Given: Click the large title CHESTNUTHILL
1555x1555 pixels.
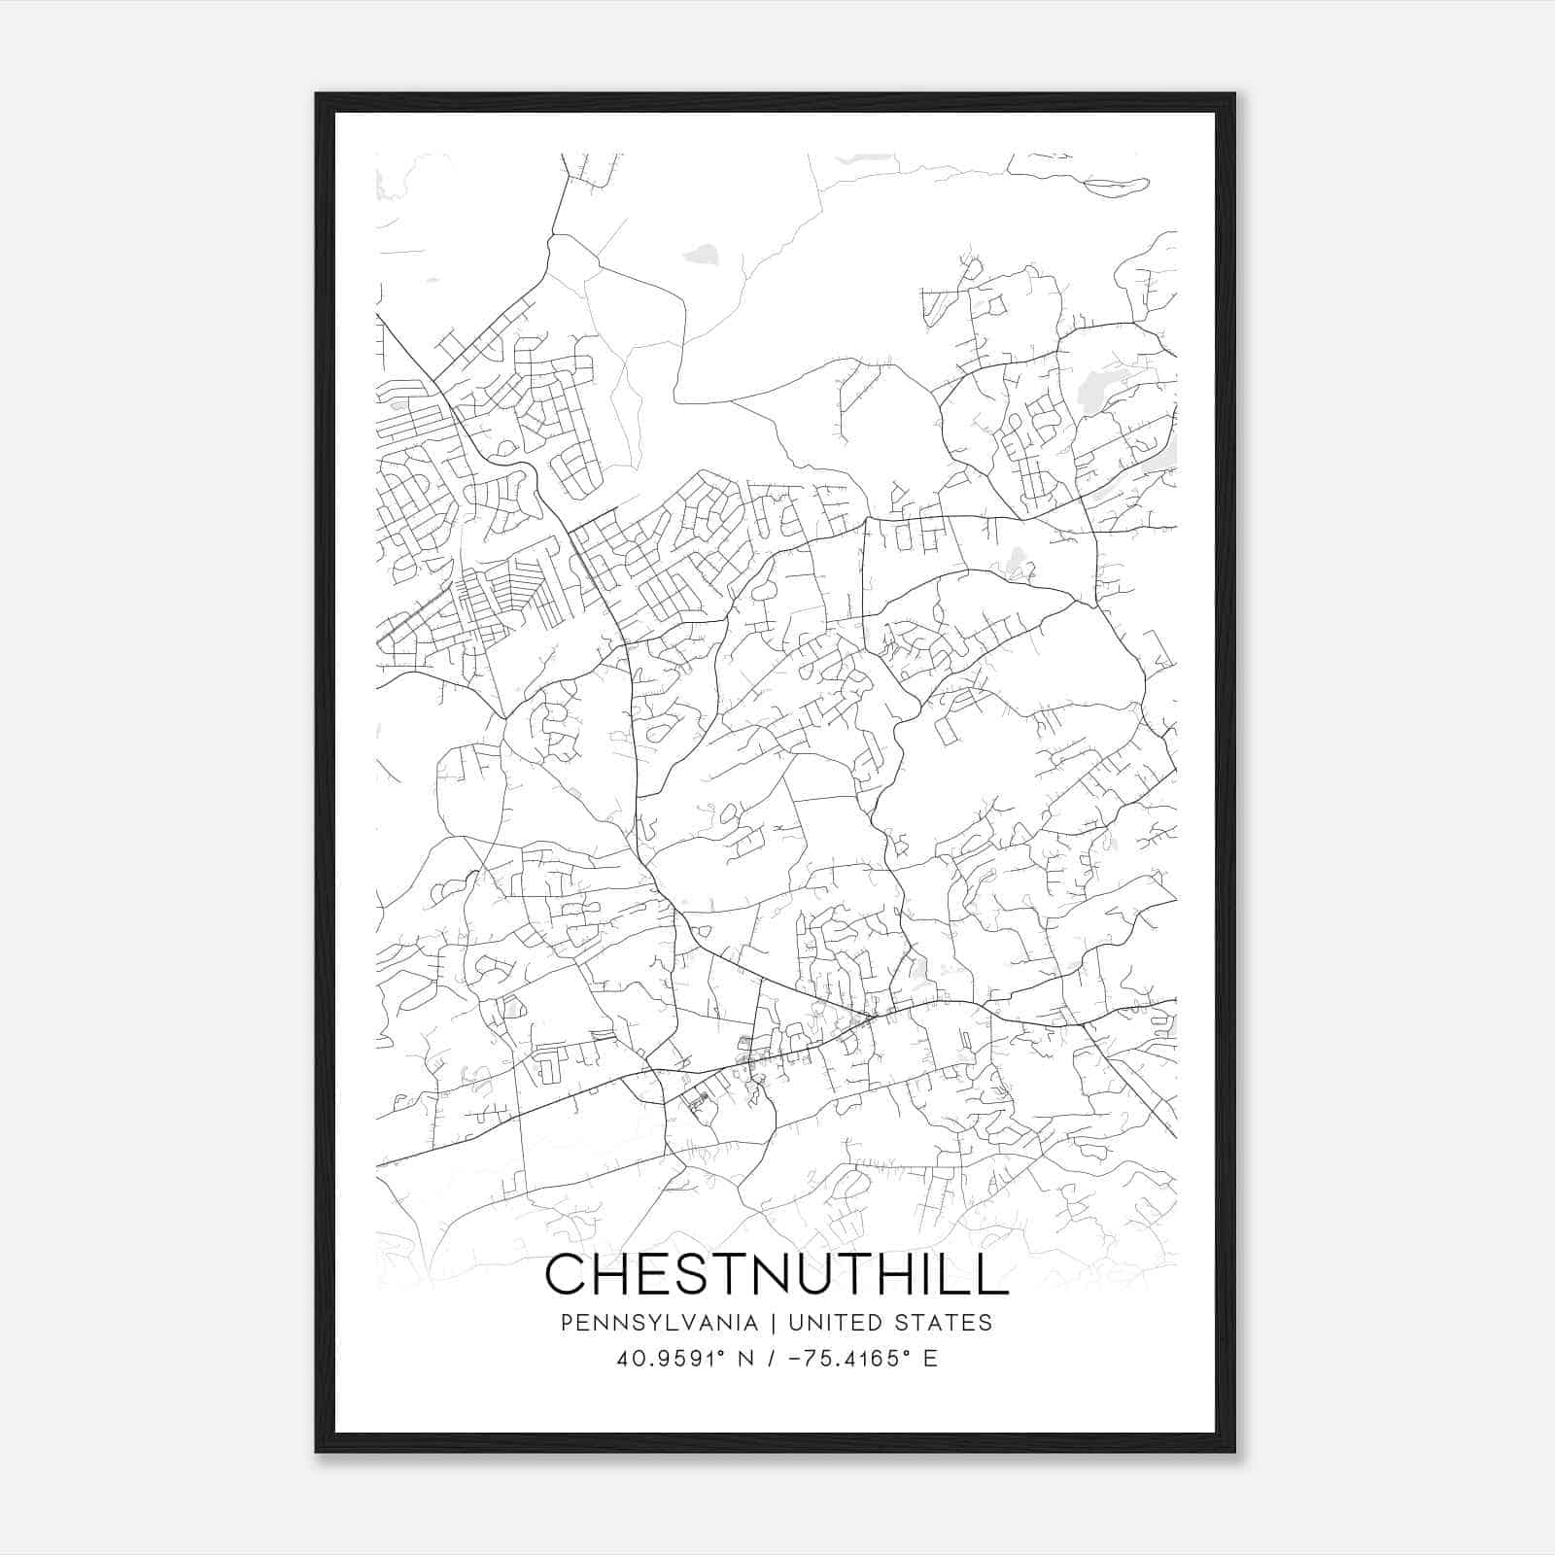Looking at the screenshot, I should [777, 1274].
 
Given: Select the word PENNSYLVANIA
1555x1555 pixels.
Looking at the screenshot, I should [644, 1323].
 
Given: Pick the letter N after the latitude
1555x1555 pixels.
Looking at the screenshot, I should [746, 1359].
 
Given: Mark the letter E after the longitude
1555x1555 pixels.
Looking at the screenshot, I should [930, 1359].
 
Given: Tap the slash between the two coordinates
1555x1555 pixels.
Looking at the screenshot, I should [772, 1359].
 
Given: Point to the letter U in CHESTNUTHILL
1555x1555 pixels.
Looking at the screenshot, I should [832, 1274].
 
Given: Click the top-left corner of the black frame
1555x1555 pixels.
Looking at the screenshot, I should [317, 94].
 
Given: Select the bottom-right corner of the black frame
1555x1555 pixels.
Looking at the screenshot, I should [1234, 1451].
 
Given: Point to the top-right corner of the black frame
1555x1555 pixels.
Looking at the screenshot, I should [1234, 94].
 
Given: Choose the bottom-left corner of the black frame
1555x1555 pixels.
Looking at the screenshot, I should [317, 1451].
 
